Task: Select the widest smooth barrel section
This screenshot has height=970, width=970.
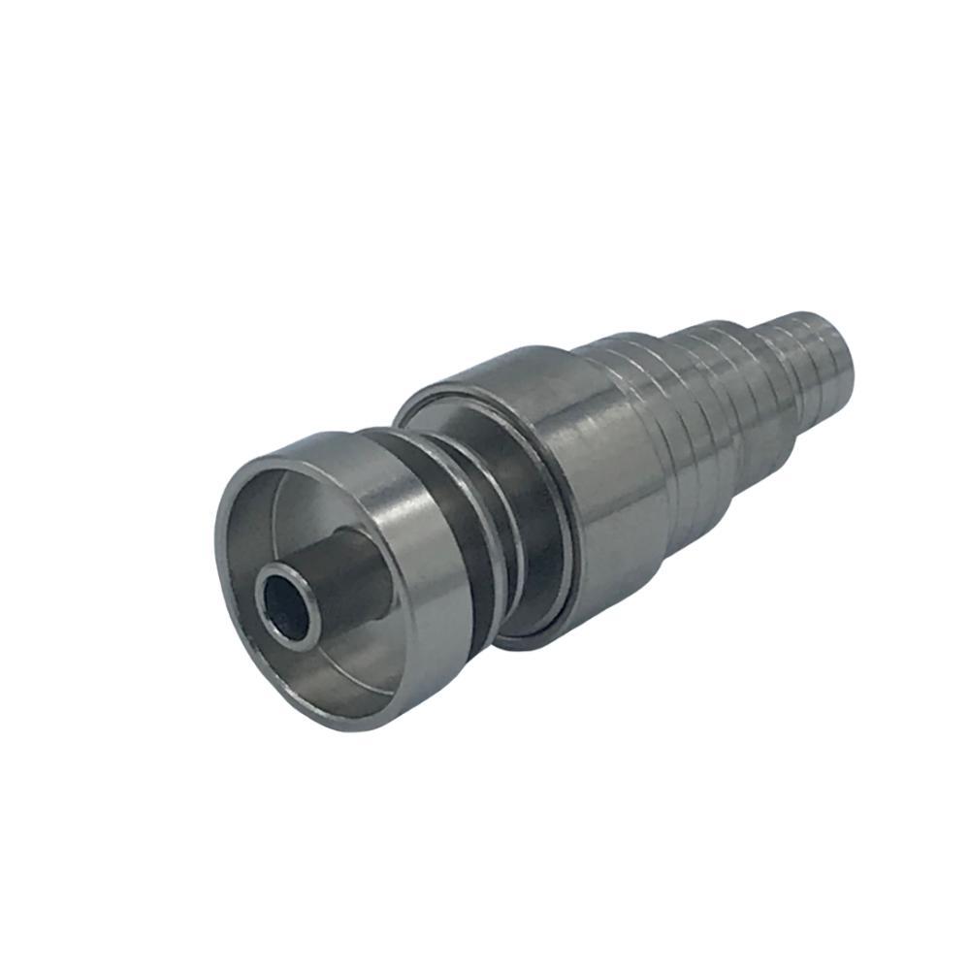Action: coord(601,485)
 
